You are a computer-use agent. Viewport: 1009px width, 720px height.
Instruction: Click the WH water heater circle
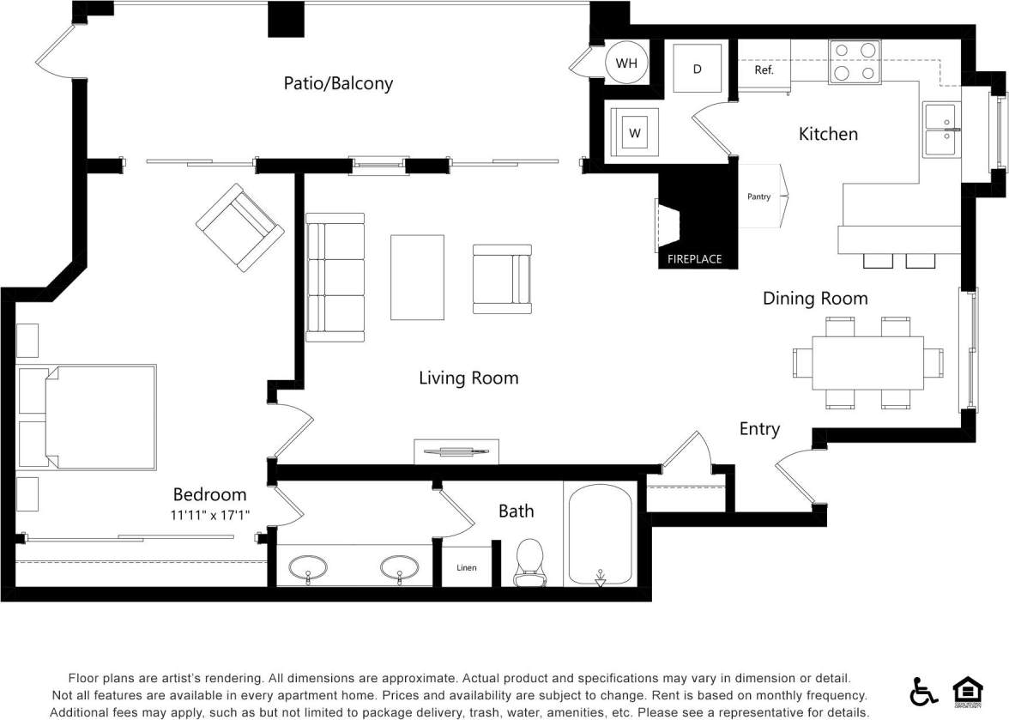[626, 64]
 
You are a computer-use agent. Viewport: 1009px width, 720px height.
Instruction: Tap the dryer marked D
[697, 68]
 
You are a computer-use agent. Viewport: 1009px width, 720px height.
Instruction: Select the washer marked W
[635, 132]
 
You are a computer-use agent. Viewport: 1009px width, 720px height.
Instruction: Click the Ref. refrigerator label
[764, 70]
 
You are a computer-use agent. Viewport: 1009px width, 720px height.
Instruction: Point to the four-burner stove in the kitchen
[855, 62]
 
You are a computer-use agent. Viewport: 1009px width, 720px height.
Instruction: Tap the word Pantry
[758, 197]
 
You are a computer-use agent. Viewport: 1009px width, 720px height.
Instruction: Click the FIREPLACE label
[695, 258]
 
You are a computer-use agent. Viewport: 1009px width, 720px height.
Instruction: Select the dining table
[867, 362]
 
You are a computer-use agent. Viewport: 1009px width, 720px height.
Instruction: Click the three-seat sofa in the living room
[335, 277]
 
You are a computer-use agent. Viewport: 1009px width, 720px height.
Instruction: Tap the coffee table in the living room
[418, 276]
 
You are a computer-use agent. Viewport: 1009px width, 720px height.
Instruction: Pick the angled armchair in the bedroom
[239, 227]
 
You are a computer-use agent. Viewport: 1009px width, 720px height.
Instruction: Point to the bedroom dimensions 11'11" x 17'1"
[215, 515]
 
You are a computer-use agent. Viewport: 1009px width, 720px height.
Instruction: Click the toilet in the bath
[529, 562]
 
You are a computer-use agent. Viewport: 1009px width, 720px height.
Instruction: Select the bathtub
[601, 534]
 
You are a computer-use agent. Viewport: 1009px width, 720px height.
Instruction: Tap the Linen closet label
[466, 568]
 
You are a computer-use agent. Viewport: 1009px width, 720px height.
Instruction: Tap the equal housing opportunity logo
[967, 690]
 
